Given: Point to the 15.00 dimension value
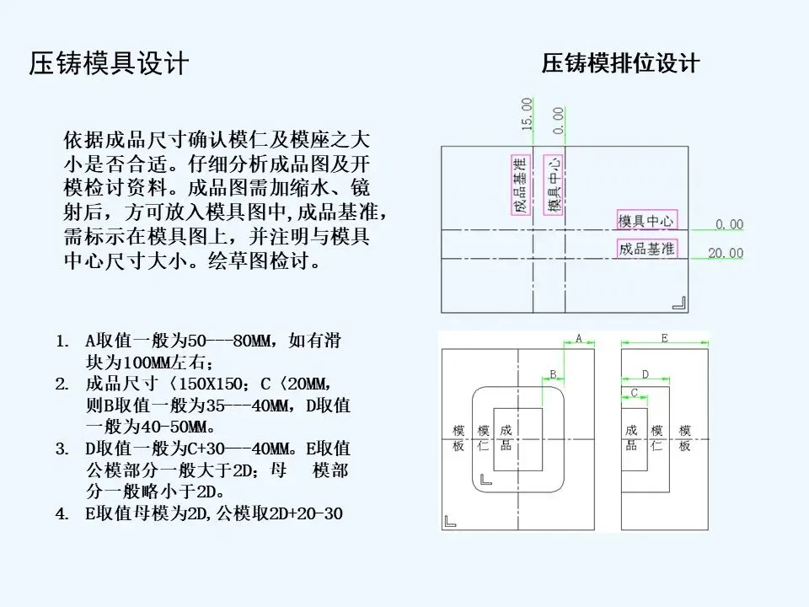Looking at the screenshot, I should [528, 113].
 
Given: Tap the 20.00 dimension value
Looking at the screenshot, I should [726, 253].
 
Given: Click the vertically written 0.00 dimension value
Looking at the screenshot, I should [558, 120].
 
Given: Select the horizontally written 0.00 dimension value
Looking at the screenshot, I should [729, 224].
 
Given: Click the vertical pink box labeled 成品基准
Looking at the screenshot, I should [520, 184].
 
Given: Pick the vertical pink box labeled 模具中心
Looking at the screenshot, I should [553, 184].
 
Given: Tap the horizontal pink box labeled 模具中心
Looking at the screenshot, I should [646, 221].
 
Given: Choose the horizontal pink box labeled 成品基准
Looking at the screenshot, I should [646, 248].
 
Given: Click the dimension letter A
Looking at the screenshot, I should [579, 338].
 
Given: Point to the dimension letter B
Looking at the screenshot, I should [553, 374].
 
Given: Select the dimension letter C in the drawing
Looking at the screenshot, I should [634, 392].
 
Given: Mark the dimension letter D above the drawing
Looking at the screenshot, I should [646, 374].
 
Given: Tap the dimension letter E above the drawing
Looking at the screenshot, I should [664, 338].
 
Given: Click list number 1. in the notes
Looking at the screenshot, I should [62, 342].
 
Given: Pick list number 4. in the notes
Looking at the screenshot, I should [62, 513].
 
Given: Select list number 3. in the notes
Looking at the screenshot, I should [62, 448].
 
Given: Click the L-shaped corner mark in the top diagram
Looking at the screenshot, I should [678, 301].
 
